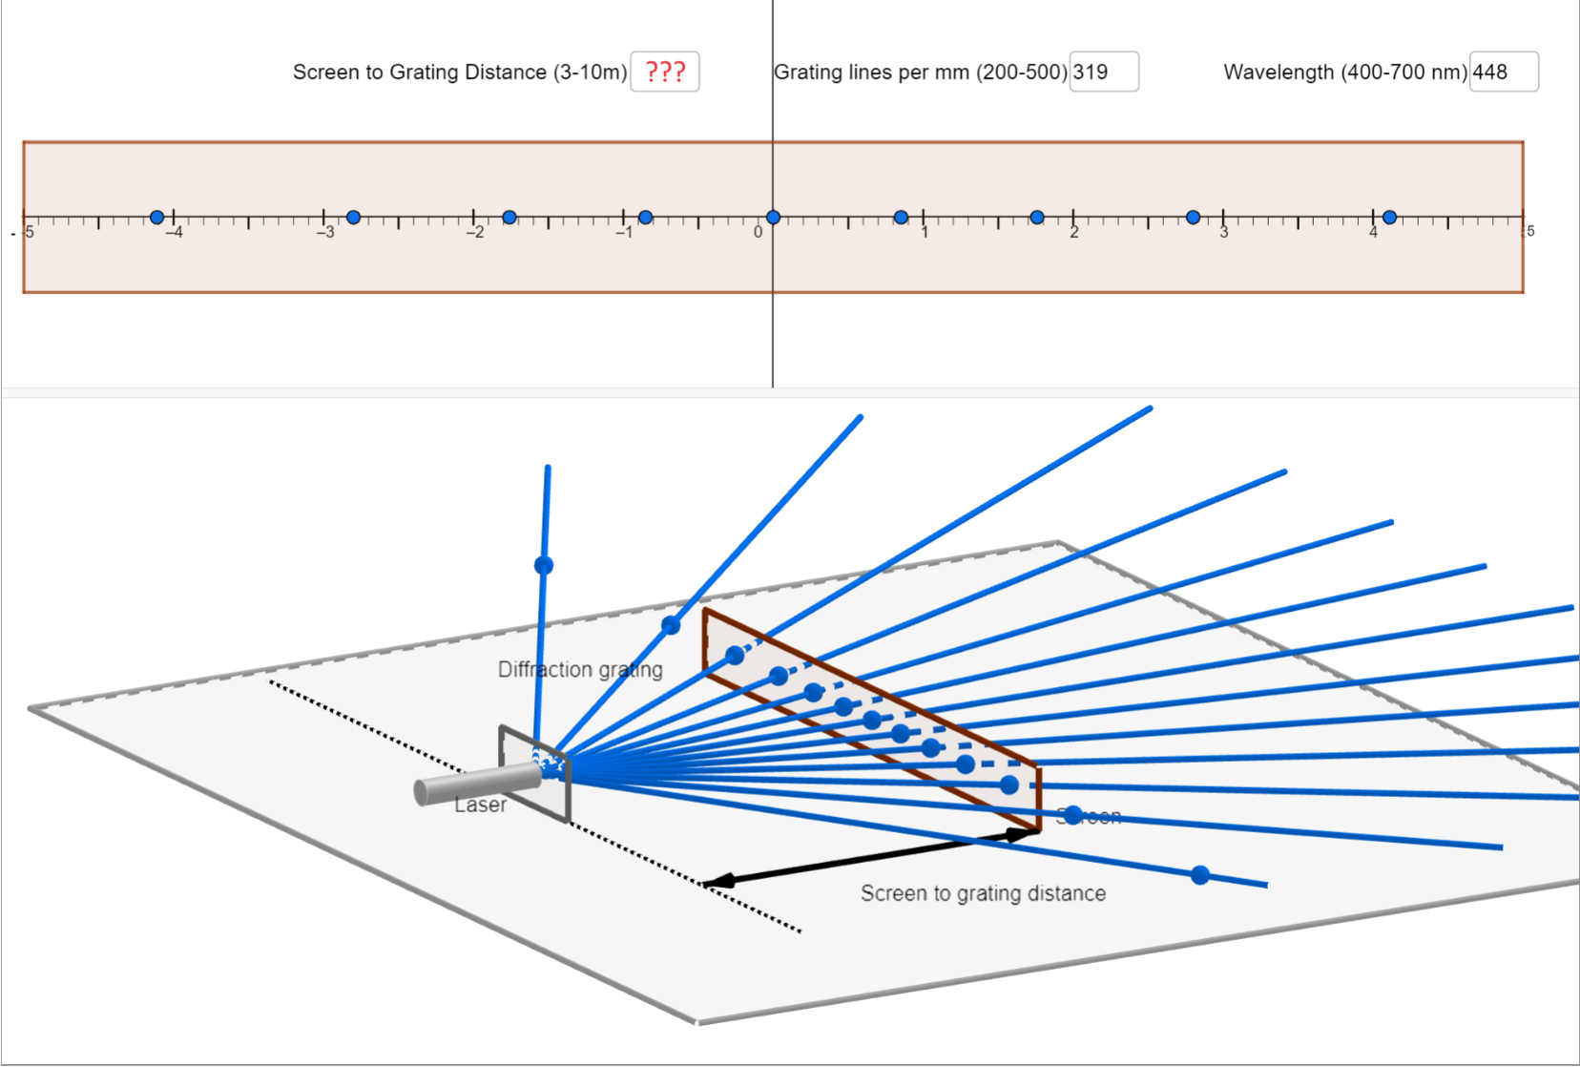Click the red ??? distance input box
click(665, 72)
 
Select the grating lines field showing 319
click(1104, 72)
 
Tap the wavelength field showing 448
click(1504, 72)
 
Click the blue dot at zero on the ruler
click(773, 218)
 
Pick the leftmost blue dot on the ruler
click(157, 218)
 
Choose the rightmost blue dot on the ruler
click(1389, 218)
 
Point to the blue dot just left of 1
click(901, 218)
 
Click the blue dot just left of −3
click(353, 218)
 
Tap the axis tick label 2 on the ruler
click(1074, 232)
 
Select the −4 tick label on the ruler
click(173, 232)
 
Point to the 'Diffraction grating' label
click(580, 669)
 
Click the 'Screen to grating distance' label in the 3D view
click(983, 893)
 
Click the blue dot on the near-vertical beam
click(544, 565)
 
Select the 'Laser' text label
click(480, 805)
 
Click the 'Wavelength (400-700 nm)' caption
click(1345, 72)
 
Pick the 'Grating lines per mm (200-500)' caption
click(921, 72)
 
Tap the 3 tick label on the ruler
click(1224, 232)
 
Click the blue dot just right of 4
click(1389, 218)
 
